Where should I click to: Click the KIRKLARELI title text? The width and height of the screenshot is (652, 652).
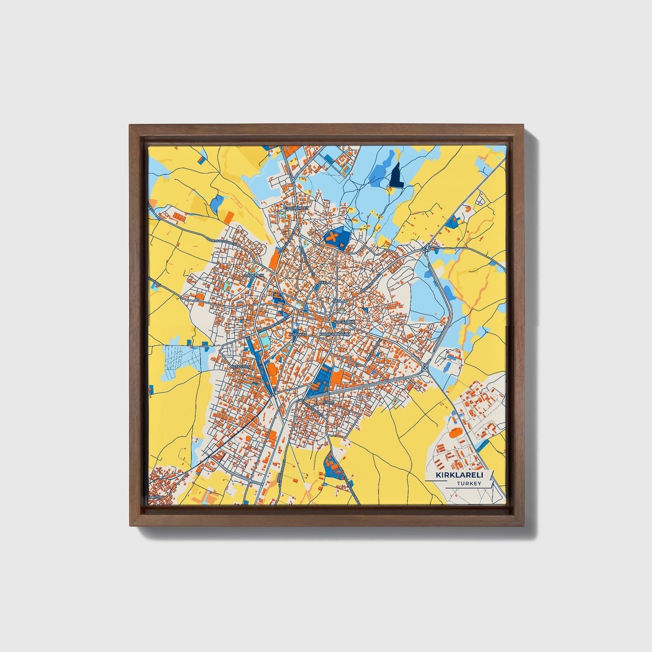(x=459, y=475)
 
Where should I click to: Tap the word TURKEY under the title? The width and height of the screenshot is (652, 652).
(x=468, y=484)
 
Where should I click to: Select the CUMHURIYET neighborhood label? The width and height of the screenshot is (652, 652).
(x=296, y=208)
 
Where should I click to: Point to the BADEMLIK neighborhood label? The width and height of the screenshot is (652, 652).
(x=253, y=275)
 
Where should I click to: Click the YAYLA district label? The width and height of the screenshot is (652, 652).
(x=324, y=282)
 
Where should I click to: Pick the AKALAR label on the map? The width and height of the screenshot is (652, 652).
(x=339, y=301)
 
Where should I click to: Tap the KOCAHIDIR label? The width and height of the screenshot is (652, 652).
(x=344, y=322)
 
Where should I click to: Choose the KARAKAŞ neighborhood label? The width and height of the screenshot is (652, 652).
(x=298, y=334)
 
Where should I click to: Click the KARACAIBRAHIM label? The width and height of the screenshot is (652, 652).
(x=334, y=334)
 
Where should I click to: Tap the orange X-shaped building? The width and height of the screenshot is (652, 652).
(x=333, y=237)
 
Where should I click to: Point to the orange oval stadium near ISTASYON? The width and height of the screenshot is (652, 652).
(x=272, y=371)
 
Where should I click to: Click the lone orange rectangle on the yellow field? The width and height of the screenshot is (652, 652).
(x=229, y=217)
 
